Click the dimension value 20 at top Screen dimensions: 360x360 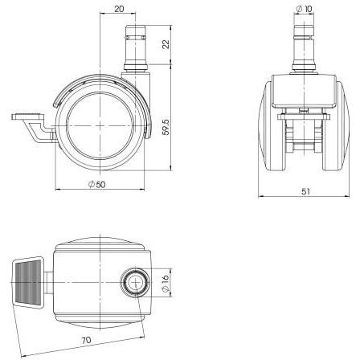coord(119,10)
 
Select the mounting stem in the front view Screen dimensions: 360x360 coord(305,51)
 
